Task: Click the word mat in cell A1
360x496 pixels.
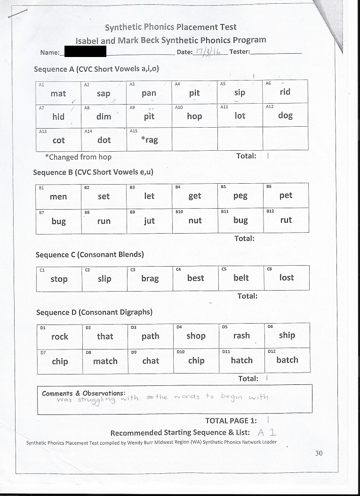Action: click(58, 93)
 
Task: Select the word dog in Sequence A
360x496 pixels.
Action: click(285, 115)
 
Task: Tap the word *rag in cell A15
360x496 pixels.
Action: click(150, 140)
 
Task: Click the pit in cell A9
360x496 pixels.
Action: click(149, 116)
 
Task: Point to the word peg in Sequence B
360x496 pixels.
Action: click(240, 196)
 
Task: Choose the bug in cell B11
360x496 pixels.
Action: click(240, 220)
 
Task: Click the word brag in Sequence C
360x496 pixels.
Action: click(150, 278)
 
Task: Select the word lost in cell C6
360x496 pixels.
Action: click(286, 277)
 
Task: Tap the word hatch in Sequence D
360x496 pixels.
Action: click(241, 360)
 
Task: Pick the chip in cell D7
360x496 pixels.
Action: click(60, 361)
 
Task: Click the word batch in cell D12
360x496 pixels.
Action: click(287, 360)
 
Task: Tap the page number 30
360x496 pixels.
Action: click(319, 453)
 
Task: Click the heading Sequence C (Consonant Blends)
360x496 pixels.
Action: click(89, 254)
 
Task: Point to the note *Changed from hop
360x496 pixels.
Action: click(78, 157)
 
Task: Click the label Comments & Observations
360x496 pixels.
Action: click(83, 393)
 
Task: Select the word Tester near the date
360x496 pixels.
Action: click(240, 51)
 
